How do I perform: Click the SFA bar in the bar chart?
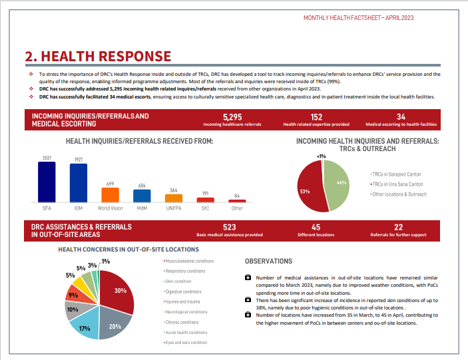pos(47,182)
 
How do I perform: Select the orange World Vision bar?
pos(110,195)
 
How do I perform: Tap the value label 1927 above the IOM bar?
pos(79,160)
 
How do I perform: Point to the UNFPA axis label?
pos(174,208)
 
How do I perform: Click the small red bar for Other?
pos(237,201)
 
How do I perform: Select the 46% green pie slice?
pos(338,185)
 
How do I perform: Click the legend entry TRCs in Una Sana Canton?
pos(397,184)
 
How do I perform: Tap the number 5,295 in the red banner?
pos(232,117)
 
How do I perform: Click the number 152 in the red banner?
pos(316,117)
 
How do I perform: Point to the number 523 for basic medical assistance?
pos(229,228)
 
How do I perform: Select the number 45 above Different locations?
pos(316,228)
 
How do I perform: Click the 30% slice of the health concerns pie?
pos(118,291)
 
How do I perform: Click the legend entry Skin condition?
pos(178,281)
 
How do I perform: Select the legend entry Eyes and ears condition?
pos(185,343)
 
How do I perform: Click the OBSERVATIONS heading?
pos(269,262)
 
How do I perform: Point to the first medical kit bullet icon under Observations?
pos(248,277)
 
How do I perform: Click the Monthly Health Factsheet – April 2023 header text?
pos(358,18)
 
